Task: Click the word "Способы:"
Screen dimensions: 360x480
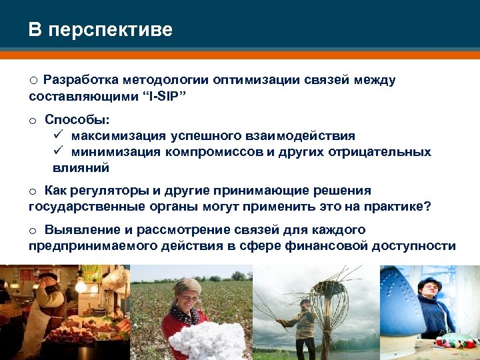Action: click(77, 119)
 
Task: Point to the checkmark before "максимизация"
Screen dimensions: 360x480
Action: click(58, 135)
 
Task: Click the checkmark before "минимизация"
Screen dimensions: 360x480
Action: click(58, 151)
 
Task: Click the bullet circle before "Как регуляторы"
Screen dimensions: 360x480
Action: click(33, 191)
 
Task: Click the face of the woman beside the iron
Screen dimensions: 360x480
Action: click(427, 289)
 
